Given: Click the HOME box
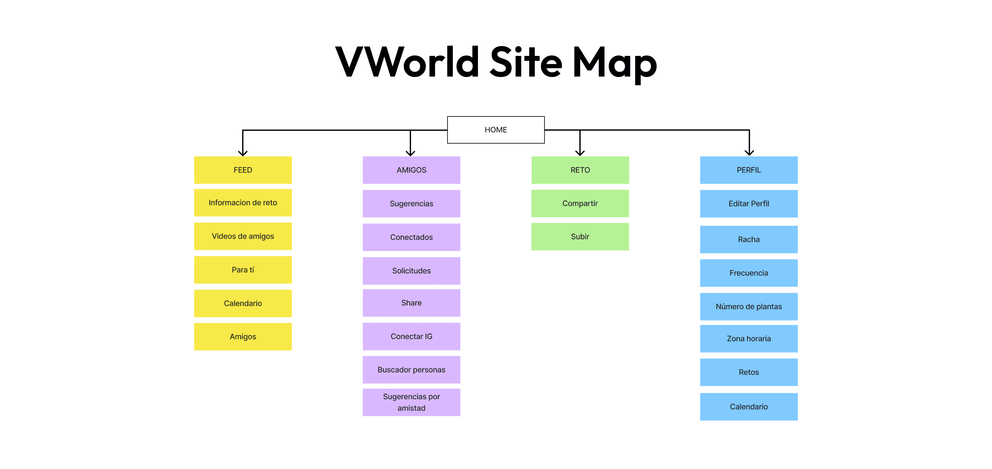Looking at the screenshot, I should tap(496, 130).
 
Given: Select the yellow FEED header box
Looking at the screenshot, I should tap(243, 170).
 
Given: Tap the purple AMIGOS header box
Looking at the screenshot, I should tap(411, 170).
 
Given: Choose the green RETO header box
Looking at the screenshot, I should tap(580, 170).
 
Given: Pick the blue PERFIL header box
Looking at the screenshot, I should tap(749, 170).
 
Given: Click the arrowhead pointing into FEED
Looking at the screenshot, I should tap(243, 153).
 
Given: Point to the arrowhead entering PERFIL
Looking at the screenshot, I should tap(749, 152).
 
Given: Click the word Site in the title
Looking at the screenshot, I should tap(526, 62).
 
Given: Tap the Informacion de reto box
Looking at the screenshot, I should tap(243, 203).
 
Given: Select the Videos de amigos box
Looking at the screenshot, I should tap(243, 236).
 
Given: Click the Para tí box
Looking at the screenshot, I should tap(243, 270).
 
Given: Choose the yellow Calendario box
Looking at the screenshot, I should tap(243, 303).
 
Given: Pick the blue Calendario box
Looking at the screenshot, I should tap(749, 407).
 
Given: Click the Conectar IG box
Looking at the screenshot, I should tap(411, 336).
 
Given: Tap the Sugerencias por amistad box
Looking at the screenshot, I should tap(411, 402).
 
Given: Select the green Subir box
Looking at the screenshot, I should tap(580, 236).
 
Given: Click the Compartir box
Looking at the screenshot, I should tap(580, 203).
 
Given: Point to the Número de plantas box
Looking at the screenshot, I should tap(749, 306).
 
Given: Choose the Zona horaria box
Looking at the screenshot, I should tap(749, 338).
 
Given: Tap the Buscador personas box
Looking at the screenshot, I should tap(411, 370).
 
